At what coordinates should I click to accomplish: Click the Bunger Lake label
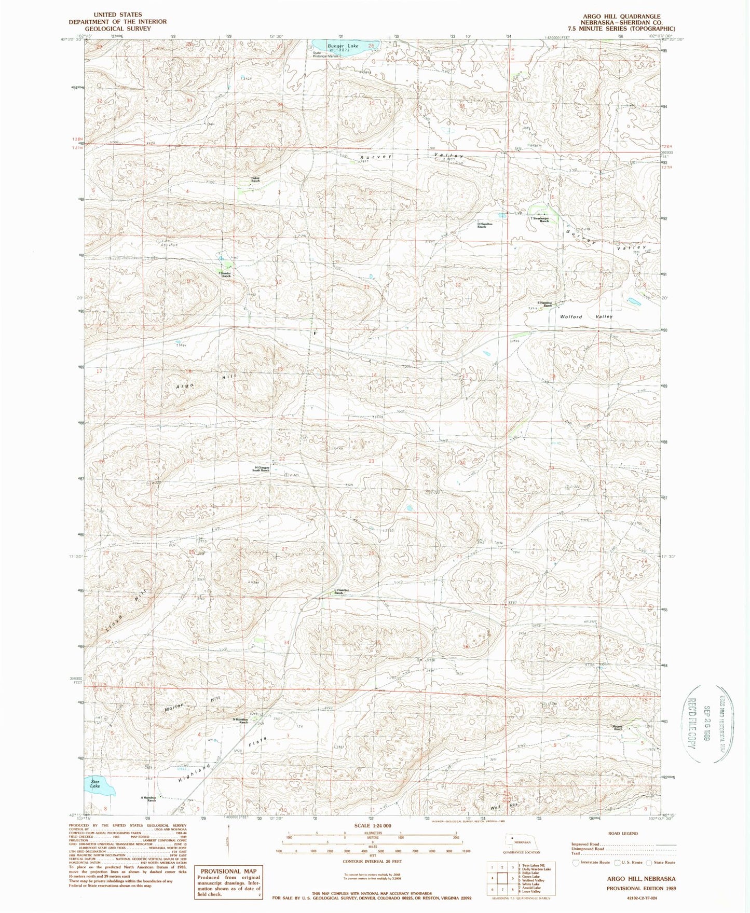343,46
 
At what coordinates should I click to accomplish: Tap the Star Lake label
95,784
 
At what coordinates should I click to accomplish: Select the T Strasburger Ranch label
540,219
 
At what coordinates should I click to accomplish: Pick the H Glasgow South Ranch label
262,469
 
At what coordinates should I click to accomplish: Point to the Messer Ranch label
618,728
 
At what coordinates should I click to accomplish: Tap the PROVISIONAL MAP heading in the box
228,871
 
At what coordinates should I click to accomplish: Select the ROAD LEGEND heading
623,834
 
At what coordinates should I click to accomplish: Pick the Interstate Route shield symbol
575,863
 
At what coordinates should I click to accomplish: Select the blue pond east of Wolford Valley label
633,301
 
